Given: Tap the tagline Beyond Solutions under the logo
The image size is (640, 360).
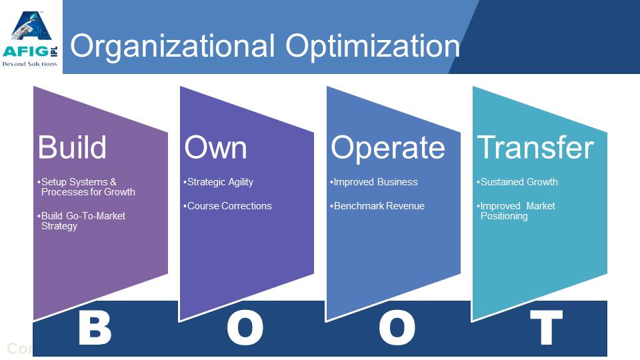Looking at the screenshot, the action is (30, 64).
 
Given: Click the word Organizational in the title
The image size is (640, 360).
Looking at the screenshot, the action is (172, 46).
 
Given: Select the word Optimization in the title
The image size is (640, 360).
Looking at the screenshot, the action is (373, 46).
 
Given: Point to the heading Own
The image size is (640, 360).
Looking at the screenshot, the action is (215, 147).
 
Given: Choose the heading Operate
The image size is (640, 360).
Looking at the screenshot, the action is (388, 148).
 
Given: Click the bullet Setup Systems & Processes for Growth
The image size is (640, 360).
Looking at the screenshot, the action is (86, 187).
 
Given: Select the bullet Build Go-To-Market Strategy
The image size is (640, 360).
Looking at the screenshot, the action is (81, 221).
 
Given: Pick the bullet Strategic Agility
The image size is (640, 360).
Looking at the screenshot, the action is (219, 183).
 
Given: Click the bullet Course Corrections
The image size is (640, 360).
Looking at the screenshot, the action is (227, 206).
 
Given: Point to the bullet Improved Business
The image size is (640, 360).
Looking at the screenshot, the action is (374, 182).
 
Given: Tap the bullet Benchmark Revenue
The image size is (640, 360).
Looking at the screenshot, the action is (377, 206).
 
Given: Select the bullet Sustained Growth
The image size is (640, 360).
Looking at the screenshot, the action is (517, 182).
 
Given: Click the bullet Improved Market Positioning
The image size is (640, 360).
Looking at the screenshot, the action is (516, 211).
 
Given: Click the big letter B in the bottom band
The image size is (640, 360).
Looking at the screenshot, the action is (95, 328).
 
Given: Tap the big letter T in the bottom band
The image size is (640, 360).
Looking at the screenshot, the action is (546, 327).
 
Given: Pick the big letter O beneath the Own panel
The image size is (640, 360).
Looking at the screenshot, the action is (245, 328).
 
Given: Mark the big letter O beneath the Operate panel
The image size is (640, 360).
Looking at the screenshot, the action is (397, 328).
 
